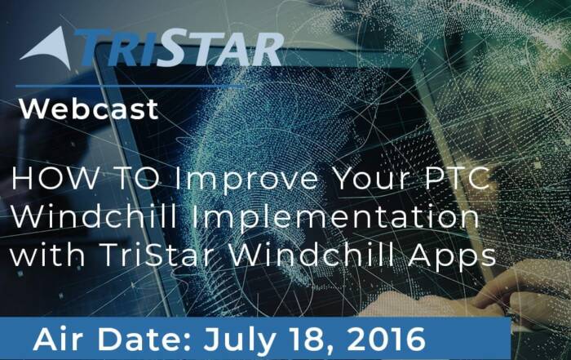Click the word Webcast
point(89,109)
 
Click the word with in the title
point(48,254)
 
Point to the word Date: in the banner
point(146,339)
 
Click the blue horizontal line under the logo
point(130,87)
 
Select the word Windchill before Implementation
point(95,216)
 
